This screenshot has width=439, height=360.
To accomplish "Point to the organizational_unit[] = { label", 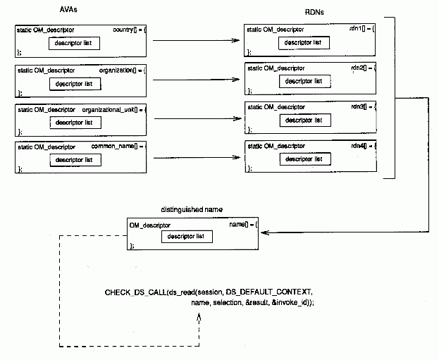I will tap(113, 110).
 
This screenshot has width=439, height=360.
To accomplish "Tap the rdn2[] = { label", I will tap(363, 68).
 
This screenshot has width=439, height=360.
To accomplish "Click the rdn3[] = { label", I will tap(363, 106).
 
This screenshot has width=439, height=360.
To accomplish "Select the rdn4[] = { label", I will tap(363, 146).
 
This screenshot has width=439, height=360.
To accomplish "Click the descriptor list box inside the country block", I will tap(74, 44).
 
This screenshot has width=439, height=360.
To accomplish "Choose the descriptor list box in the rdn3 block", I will tap(304, 120).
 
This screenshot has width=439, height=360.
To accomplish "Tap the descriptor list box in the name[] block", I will tap(187, 236).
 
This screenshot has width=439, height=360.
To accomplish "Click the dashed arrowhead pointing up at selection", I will tap(200, 316).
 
